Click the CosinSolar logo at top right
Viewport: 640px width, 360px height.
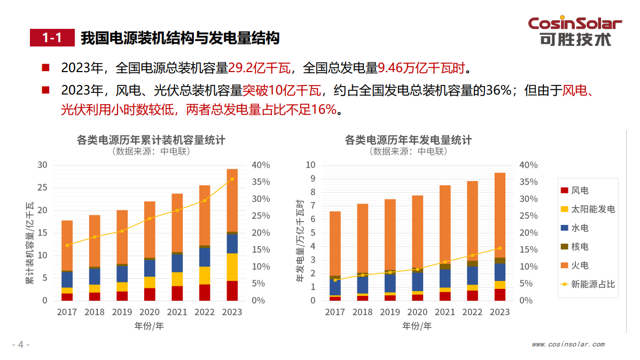click(575, 31)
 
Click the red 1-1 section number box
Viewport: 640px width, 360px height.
click(52, 38)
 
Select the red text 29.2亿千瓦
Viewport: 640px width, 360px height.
click(259, 68)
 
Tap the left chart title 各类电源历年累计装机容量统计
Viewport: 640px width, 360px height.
click(151, 140)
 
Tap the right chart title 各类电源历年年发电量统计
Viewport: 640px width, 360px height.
click(409, 140)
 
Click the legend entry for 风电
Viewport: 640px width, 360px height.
click(579, 190)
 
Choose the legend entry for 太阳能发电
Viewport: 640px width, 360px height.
click(588, 209)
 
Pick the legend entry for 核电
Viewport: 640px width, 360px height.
click(579, 246)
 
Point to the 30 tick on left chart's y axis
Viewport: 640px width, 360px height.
click(42, 165)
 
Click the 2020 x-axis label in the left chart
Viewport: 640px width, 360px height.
click(150, 312)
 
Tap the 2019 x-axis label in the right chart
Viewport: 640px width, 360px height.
click(390, 312)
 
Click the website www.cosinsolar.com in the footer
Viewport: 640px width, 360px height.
click(568, 345)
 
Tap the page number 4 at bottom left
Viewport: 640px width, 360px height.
click(20, 345)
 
